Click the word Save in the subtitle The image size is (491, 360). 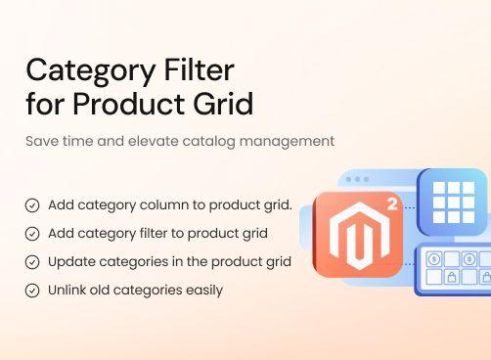click(x=41, y=141)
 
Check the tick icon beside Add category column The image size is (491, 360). click(x=32, y=205)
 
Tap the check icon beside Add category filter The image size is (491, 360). click(x=32, y=234)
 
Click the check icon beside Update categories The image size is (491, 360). click(x=32, y=262)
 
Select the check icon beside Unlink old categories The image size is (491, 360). click(x=32, y=291)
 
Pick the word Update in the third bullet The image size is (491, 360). click(x=69, y=262)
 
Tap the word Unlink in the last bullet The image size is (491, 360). click(x=67, y=291)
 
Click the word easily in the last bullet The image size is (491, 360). click(x=203, y=291)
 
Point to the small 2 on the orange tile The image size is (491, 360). click(x=392, y=204)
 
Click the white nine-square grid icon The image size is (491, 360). click(x=453, y=202)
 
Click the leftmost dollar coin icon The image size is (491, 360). click(x=434, y=259)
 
